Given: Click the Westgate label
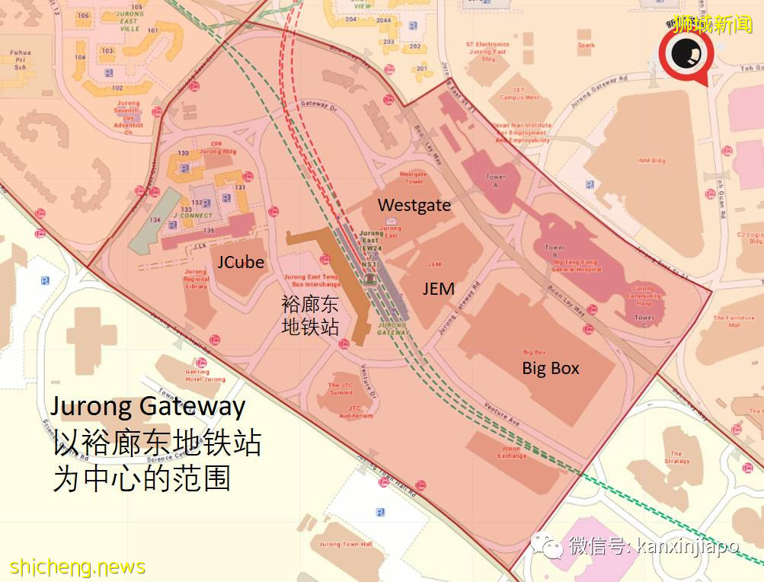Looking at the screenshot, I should (414, 206).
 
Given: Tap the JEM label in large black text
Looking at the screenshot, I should (439, 289).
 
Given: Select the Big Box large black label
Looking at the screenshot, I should (550, 368).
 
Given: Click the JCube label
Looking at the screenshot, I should (241, 263).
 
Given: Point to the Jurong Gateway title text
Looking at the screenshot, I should (149, 405).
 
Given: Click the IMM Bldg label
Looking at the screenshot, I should (651, 161).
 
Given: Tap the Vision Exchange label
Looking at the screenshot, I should (512, 452).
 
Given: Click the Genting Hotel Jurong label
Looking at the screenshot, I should (205, 376).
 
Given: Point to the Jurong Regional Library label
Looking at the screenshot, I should (196, 278).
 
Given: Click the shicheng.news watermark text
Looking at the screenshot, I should (78, 568).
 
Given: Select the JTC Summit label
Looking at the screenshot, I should (340, 389).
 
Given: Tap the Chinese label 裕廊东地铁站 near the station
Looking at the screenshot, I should (310, 315).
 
